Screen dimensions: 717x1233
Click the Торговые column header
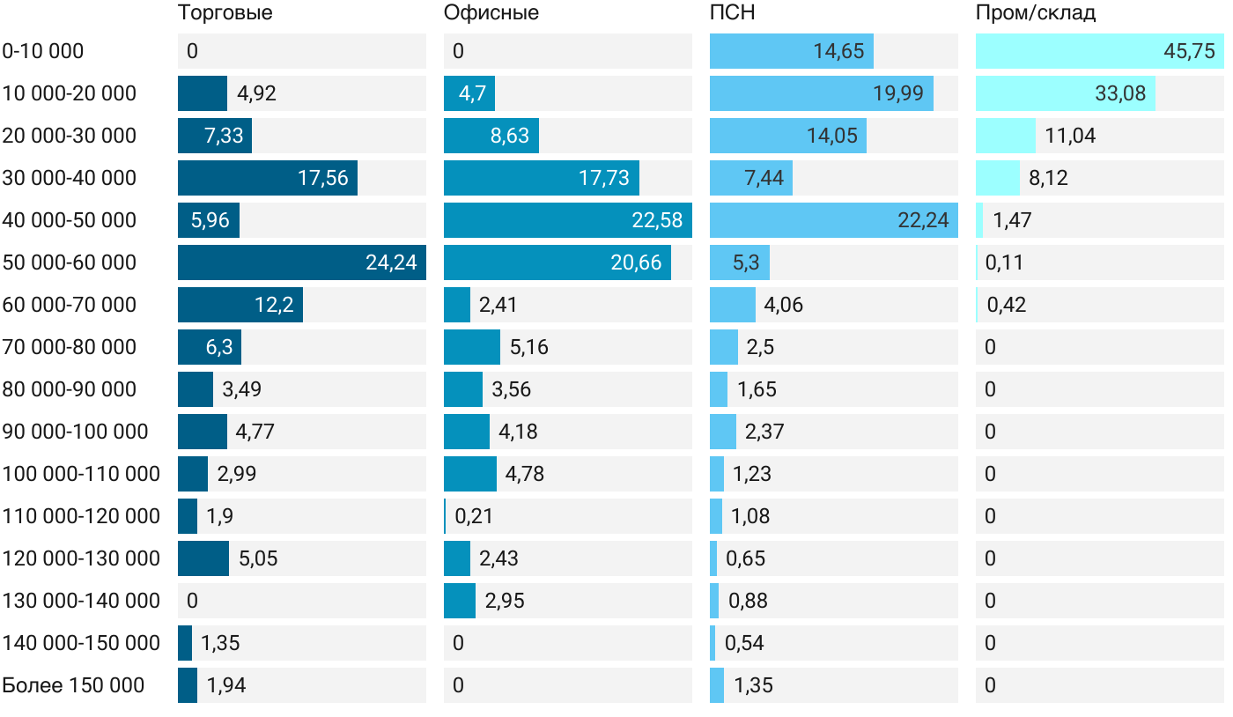point(225,12)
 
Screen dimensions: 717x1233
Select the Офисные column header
point(491,12)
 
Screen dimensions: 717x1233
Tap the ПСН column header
point(732,12)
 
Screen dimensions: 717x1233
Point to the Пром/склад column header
point(1035,12)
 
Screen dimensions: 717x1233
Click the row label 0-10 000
point(43,51)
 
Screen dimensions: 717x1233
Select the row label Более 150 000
point(73,685)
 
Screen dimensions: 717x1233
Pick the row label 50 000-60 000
point(70,262)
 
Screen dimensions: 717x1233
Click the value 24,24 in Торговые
point(391,262)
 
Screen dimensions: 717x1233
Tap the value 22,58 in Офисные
point(657,220)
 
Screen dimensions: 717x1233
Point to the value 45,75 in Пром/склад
point(1189,51)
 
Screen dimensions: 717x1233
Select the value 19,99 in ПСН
point(898,93)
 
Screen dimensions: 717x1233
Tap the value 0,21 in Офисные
point(474,516)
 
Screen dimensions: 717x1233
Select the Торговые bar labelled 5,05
point(203,558)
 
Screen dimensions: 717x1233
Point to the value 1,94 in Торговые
point(226,685)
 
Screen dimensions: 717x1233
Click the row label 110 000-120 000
point(81,516)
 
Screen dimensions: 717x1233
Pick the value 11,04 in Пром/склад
point(1070,136)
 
